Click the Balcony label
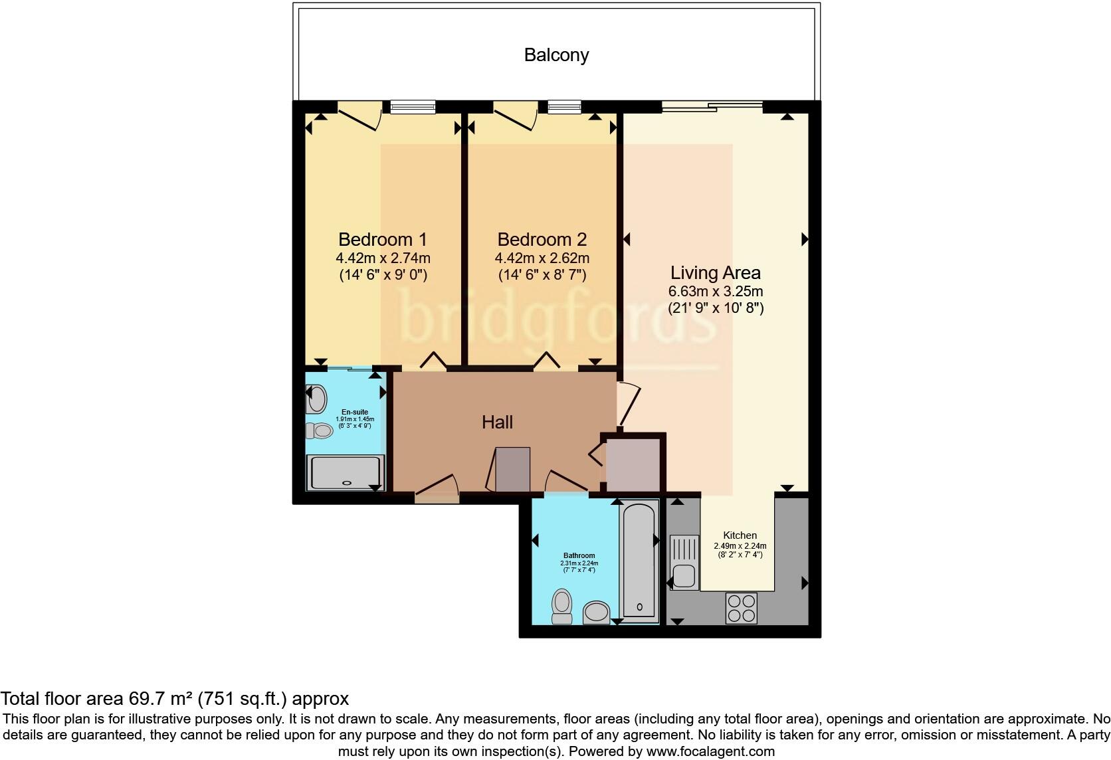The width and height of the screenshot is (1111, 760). pos(556,54)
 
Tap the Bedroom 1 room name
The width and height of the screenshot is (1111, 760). pos(382,239)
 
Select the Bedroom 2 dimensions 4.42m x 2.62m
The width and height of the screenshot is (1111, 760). pos(542,258)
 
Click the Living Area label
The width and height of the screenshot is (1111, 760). pos(715,272)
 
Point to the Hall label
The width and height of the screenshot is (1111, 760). pos(497,422)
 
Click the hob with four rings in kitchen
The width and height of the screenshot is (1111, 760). pos(742,608)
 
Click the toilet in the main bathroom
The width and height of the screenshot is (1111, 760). pos(562,606)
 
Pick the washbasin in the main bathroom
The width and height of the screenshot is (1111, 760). pos(597,613)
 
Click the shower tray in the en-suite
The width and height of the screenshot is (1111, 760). pos(344,473)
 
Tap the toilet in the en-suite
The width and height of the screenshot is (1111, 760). pos(320,431)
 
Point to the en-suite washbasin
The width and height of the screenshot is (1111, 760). pos(318,400)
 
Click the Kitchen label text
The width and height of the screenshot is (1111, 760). pos(740,535)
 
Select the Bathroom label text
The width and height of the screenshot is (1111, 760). pos(579,555)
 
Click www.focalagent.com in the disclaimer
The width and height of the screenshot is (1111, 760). pos(710,751)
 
